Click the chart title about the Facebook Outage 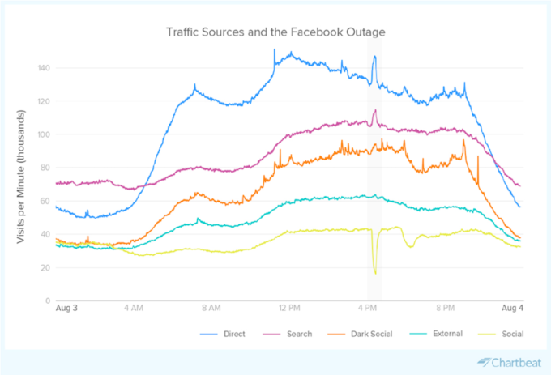(275, 32)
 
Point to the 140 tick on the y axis (45, 68)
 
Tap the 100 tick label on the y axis (45, 134)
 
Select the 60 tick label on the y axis (46, 201)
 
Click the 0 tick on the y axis (49, 300)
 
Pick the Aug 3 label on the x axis (67, 309)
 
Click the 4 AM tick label (135, 309)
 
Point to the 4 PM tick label (369, 309)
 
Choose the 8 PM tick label (446, 309)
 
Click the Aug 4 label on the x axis (510, 309)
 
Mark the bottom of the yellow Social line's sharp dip (375, 273)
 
